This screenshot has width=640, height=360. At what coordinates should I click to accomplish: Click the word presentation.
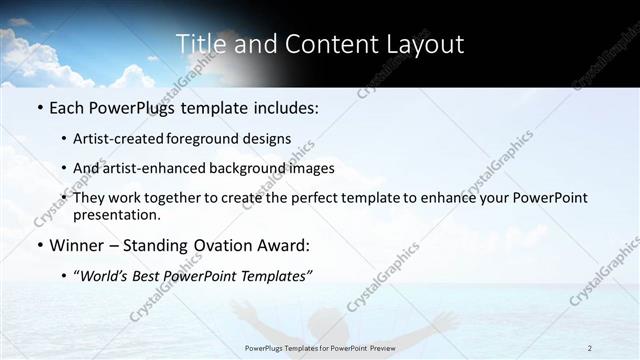(116, 215)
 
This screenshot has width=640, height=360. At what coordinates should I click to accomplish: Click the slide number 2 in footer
(590, 348)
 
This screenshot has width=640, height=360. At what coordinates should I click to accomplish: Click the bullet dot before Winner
(39, 246)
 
